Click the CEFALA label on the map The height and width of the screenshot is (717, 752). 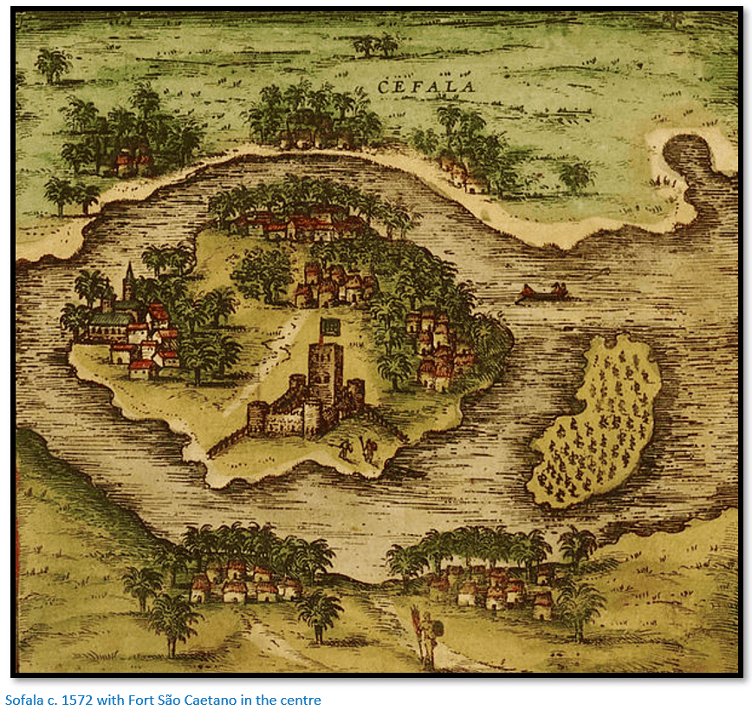point(425,85)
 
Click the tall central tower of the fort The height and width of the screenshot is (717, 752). point(326,373)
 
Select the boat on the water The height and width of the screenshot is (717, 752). point(543,295)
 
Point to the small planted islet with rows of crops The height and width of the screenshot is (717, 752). point(597,425)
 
